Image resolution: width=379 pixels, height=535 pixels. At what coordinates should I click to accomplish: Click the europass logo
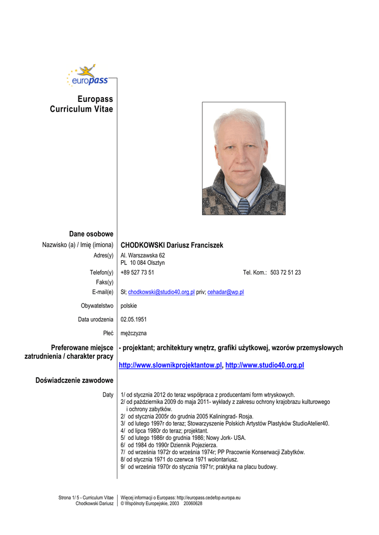pos(87,76)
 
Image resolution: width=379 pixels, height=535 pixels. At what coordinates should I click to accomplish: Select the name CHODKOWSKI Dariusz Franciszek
pos(171,245)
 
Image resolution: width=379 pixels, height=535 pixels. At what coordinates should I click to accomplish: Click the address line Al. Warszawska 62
pos(143,255)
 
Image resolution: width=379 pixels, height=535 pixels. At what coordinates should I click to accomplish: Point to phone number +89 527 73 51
pos(137,272)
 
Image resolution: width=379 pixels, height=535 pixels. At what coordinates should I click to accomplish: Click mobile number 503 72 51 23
pos(285,272)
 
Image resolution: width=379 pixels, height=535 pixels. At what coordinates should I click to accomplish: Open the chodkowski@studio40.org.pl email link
pos(161,292)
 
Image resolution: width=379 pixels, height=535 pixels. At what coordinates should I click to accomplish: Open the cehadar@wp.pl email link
pos(225,292)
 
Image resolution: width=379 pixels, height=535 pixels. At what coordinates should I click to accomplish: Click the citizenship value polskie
pos(129,306)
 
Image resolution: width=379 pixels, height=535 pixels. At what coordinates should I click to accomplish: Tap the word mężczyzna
pos(133,333)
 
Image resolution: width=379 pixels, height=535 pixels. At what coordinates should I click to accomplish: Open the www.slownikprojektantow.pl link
pos(171,365)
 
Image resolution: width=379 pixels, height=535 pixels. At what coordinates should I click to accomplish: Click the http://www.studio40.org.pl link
pos(265,365)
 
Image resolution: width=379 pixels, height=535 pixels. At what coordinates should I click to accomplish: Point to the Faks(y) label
pos(105,282)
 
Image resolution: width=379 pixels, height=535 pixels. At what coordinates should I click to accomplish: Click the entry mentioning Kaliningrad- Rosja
pos(187,416)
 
